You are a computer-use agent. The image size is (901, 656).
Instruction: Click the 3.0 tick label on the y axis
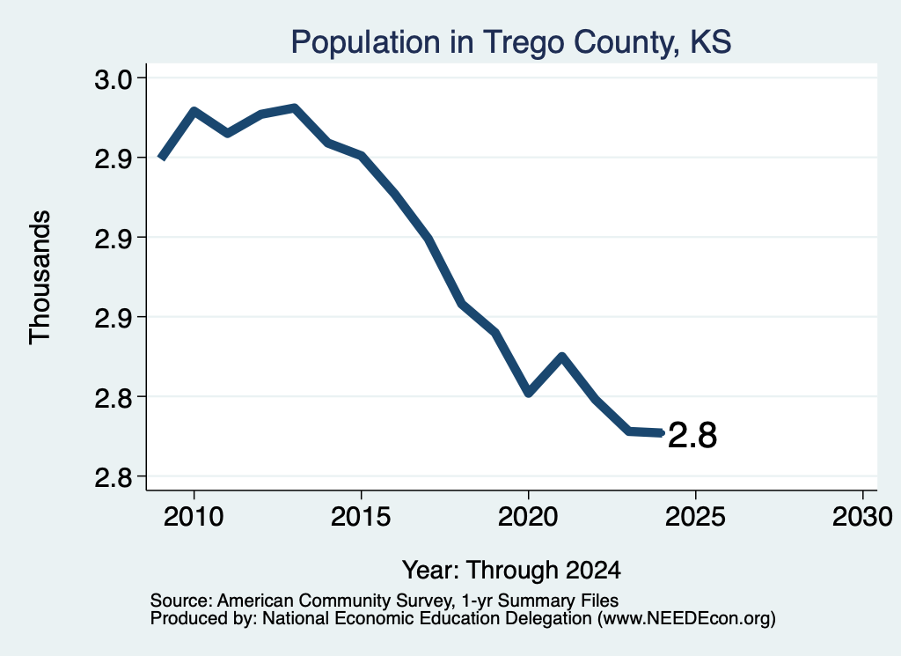click(113, 79)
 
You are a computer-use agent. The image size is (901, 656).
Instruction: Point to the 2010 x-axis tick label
click(194, 517)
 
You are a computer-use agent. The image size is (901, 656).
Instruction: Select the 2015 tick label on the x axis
click(361, 517)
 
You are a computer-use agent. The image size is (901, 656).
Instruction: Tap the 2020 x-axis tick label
click(528, 517)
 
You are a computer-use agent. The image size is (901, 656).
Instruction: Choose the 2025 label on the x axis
click(695, 517)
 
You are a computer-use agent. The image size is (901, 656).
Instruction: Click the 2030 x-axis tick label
click(862, 517)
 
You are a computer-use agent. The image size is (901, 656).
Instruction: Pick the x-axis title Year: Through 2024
click(511, 571)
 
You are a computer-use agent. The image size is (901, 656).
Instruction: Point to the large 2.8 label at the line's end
click(692, 435)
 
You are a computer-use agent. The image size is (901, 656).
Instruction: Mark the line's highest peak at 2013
click(294, 108)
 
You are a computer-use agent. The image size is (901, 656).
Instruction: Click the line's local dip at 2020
click(529, 394)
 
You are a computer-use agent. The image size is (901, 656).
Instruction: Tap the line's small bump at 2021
click(562, 357)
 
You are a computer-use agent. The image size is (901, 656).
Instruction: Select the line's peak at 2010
click(194, 110)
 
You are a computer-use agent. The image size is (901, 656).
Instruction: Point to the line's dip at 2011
click(228, 133)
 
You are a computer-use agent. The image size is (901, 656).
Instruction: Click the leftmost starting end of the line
click(162, 158)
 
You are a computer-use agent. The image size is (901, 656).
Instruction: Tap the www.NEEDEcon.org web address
click(685, 619)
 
